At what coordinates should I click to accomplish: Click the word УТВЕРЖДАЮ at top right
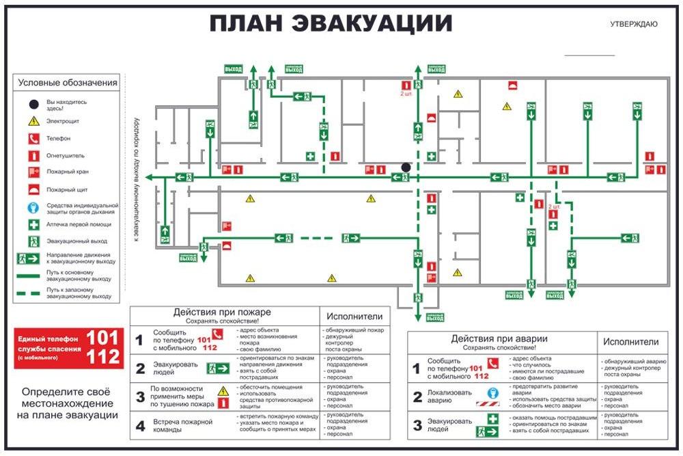click(x=634, y=25)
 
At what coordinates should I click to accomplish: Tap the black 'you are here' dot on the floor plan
click(x=406, y=167)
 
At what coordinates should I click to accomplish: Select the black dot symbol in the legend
click(x=33, y=105)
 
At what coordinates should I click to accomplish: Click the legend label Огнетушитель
click(x=66, y=155)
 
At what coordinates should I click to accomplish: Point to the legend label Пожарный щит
click(x=67, y=189)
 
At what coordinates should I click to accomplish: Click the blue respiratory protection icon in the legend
click(x=33, y=207)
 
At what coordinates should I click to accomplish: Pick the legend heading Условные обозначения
click(x=68, y=83)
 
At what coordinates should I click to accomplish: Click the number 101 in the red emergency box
click(x=103, y=338)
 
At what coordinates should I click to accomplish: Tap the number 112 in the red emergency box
click(x=103, y=356)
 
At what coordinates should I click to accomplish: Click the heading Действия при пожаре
click(x=222, y=313)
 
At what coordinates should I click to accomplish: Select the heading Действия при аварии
click(x=499, y=339)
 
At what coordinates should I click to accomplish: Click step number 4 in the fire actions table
click(x=140, y=426)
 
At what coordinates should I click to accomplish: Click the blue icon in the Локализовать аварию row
click(x=492, y=394)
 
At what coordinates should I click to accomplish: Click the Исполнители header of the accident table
click(x=631, y=342)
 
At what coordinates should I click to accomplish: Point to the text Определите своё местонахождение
click(x=66, y=403)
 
